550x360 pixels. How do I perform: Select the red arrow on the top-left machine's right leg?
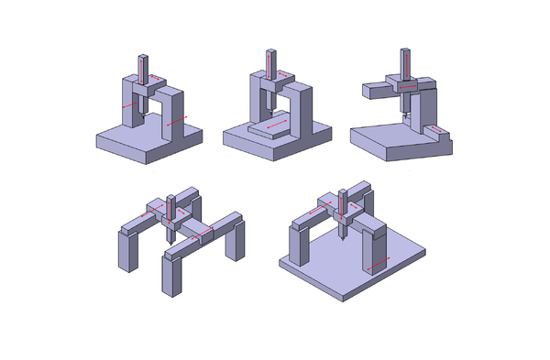pyautogui.click(x=178, y=119)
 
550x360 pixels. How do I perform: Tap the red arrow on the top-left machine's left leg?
pyautogui.click(x=131, y=106)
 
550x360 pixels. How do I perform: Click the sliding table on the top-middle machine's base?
pyautogui.click(x=272, y=126)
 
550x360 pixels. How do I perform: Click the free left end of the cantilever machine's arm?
pyautogui.click(x=368, y=90)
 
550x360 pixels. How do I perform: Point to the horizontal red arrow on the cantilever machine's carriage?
pyautogui.click(x=410, y=86)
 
